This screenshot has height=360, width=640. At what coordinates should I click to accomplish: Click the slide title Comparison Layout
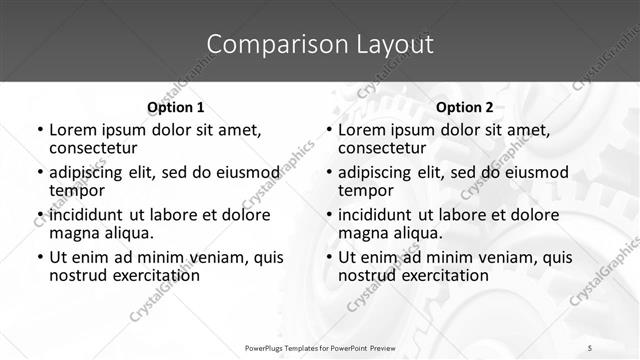click(x=320, y=44)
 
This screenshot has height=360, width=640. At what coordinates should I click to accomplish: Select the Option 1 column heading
click(x=175, y=107)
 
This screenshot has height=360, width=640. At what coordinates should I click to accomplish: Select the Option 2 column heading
click(x=464, y=107)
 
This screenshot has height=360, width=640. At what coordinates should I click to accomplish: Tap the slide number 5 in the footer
click(x=590, y=347)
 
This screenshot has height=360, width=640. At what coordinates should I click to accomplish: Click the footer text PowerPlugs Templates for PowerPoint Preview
click(x=320, y=347)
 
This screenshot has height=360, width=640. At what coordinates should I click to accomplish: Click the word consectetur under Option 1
click(x=92, y=148)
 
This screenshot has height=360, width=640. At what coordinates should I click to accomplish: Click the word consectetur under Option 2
click(x=381, y=148)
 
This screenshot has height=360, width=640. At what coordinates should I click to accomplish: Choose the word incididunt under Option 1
click(x=89, y=214)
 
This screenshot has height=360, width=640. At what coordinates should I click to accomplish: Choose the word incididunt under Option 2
click(x=378, y=214)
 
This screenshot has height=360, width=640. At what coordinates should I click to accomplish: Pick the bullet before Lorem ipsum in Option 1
click(x=39, y=130)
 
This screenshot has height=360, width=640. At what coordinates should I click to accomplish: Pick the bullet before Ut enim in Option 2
click(x=328, y=257)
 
